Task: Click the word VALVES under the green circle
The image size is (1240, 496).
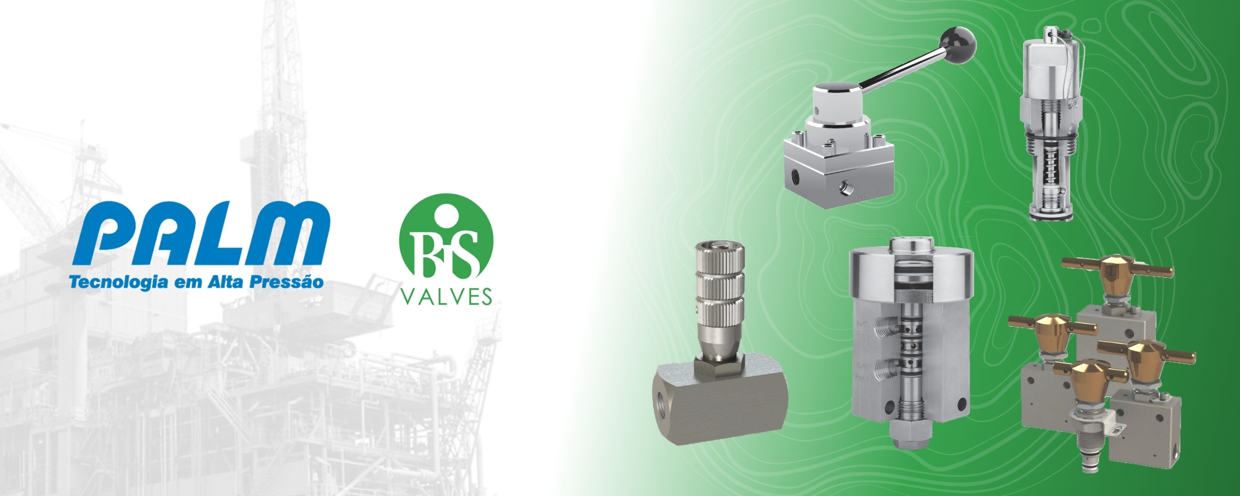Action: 446,297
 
